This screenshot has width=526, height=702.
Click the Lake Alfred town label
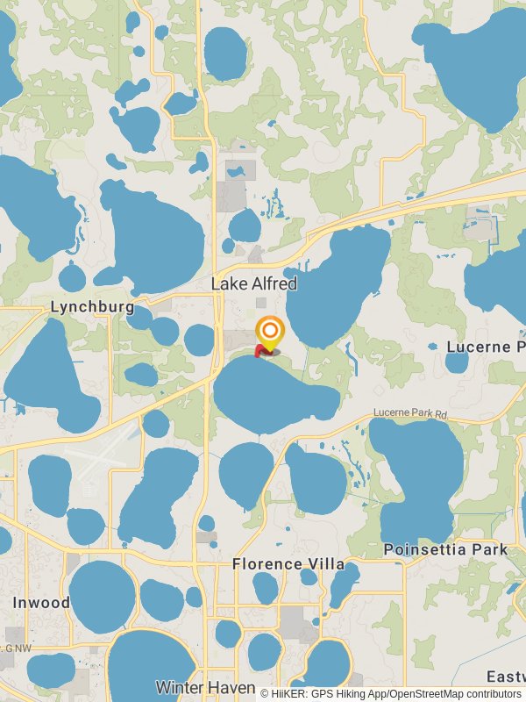254,283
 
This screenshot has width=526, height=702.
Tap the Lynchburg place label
92,307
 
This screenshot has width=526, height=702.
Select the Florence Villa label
288,563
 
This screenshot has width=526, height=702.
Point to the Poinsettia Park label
445,549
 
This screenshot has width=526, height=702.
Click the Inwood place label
41,603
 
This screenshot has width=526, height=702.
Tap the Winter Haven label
206,687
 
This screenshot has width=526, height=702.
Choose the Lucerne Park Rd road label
410,412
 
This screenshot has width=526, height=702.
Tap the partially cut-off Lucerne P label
486,347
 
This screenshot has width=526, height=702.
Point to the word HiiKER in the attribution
290,693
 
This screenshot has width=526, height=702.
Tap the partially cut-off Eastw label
506,677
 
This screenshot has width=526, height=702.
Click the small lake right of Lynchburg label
164,331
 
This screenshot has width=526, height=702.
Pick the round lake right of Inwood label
103,597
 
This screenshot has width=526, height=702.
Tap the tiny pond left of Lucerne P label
433,347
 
